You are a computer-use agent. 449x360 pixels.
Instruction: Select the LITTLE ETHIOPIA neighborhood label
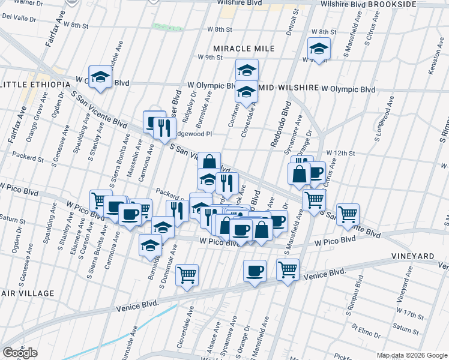pos(35,85)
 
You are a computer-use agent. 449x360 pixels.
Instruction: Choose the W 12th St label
pos(340,154)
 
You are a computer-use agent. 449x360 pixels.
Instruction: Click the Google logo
pos(20,353)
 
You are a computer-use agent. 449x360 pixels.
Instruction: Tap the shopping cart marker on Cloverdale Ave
pos(187,275)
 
